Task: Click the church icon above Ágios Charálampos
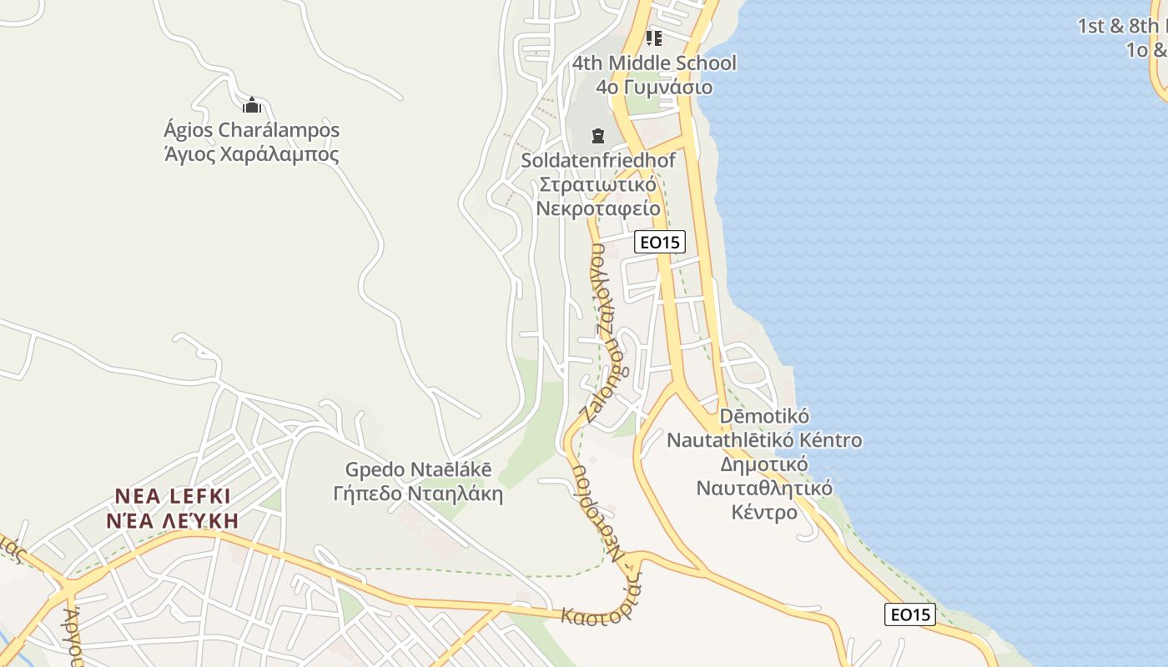click(x=252, y=105)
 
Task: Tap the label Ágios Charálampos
click(x=252, y=131)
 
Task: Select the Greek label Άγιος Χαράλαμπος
click(x=252, y=155)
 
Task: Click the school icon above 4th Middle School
click(x=653, y=38)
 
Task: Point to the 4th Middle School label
click(x=654, y=63)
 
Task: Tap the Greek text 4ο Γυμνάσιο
click(x=654, y=88)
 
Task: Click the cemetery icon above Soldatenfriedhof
click(x=597, y=135)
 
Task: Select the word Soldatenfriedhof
click(x=598, y=160)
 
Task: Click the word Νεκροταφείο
click(x=598, y=208)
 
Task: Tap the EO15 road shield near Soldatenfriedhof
click(x=659, y=243)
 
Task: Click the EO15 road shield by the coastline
click(x=910, y=615)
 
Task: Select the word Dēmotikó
click(x=764, y=416)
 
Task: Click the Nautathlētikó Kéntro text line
click(x=764, y=439)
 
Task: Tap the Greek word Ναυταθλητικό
click(x=764, y=488)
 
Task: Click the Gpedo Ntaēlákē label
click(x=419, y=470)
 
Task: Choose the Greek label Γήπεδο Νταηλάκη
click(x=419, y=494)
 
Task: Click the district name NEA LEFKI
click(x=172, y=497)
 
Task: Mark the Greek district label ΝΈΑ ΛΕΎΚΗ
click(x=172, y=521)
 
